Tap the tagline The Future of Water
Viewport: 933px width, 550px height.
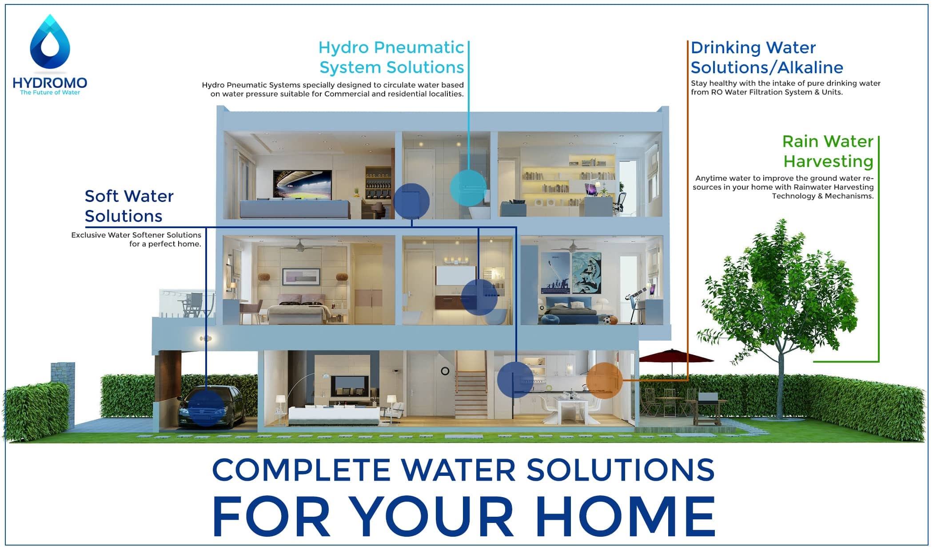[x=50, y=92]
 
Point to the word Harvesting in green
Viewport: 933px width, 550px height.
[x=828, y=161]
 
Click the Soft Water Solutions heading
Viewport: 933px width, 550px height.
[x=129, y=206]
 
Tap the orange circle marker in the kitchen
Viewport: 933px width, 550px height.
[x=604, y=380]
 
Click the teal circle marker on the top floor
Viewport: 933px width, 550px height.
[x=468, y=188]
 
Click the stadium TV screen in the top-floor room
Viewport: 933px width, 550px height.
[x=302, y=184]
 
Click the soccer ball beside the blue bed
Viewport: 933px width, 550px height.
[x=607, y=319]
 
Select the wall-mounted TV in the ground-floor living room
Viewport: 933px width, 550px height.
[x=351, y=386]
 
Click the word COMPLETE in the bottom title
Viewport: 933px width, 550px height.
[x=302, y=470]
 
